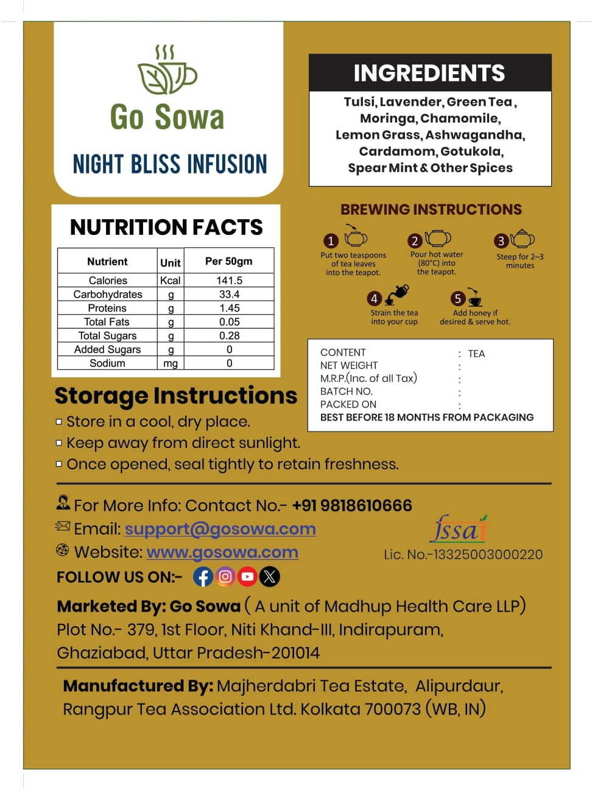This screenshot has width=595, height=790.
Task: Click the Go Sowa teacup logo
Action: click(x=167, y=71)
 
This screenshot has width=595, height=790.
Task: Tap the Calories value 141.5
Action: click(x=229, y=281)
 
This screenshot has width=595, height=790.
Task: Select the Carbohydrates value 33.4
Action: click(x=229, y=295)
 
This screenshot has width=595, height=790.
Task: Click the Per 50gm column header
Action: click(x=228, y=261)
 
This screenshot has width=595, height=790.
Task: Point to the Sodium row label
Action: click(x=107, y=363)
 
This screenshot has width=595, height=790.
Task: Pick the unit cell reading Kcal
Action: click(x=171, y=281)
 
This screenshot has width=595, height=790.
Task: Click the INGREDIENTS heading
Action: click(x=429, y=73)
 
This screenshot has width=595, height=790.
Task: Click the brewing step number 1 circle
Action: click(x=331, y=241)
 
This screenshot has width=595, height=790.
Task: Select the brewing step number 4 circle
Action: click(x=374, y=299)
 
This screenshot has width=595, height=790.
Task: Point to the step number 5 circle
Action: click(x=458, y=299)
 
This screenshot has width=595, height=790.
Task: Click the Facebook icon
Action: click(x=203, y=576)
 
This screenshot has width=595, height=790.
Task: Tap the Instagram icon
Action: click(x=225, y=576)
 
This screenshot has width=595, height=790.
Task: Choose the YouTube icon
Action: click(x=247, y=576)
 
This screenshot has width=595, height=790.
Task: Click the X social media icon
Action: click(x=270, y=576)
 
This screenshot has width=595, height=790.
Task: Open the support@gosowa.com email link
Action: click(x=220, y=529)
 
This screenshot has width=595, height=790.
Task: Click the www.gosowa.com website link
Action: click(x=222, y=553)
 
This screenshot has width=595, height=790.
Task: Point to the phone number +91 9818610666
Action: click(x=352, y=506)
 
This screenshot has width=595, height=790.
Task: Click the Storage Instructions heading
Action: click(x=176, y=396)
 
